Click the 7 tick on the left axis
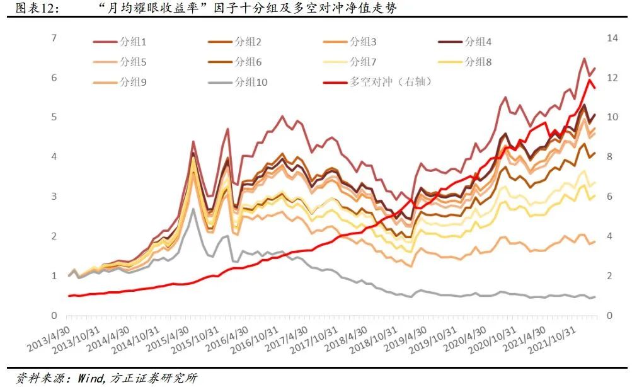pyautogui.click(x=54, y=38)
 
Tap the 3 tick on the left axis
pyautogui.click(x=54, y=197)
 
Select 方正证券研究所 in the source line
pyautogui.click(x=154, y=378)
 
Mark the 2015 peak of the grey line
pyautogui.click(x=193, y=209)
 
